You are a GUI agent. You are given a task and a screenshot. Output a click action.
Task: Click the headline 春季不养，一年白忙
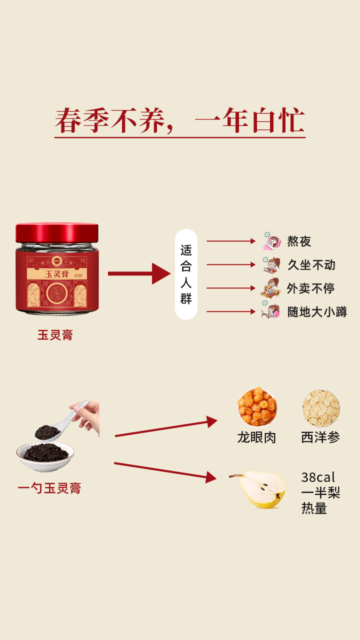[180, 121]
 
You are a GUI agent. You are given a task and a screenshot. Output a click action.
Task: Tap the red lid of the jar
[57, 232]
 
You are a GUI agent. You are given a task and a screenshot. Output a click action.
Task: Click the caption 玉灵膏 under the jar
[55, 335]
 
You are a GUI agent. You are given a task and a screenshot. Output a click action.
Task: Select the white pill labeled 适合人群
[186, 274]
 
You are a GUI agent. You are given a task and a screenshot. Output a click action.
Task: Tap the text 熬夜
[299, 241]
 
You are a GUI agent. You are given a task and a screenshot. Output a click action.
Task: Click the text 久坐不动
[311, 265]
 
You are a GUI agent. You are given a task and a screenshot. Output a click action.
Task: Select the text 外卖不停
[310, 288]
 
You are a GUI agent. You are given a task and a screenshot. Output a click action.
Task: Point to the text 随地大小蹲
[317, 312]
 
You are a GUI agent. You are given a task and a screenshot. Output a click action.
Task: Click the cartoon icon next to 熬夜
[272, 241]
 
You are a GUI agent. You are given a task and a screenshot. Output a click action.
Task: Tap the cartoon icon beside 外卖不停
[270, 288]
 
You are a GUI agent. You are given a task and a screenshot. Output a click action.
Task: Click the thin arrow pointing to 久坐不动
[231, 264]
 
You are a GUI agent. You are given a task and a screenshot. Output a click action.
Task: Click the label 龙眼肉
[256, 437]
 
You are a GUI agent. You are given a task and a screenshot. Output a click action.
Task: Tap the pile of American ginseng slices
[320, 408]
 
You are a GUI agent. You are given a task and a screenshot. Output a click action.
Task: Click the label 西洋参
[320, 437]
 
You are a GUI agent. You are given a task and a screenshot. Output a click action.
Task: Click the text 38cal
[318, 477]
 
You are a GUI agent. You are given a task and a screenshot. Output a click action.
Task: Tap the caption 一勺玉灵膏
[49, 488]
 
